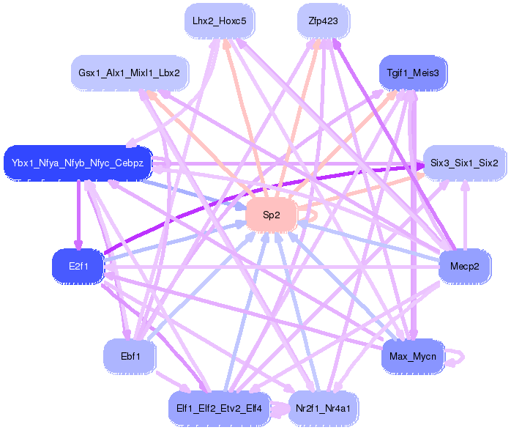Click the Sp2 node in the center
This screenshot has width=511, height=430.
tap(271, 215)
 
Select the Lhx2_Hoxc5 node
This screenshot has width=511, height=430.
tap(220, 21)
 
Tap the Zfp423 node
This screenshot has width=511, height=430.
tap(324, 21)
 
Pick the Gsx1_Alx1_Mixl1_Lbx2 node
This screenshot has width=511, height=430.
tap(130, 73)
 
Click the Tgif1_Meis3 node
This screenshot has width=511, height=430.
tap(413, 73)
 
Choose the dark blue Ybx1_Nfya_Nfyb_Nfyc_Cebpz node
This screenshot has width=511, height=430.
tap(78, 163)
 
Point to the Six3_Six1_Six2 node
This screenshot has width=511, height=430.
tap(464, 163)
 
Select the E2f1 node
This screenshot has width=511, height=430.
tap(78, 267)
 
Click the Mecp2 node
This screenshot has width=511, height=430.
tap(464, 267)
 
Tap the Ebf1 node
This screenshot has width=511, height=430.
tap(130, 356)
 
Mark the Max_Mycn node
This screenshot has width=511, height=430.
tap(413, 356)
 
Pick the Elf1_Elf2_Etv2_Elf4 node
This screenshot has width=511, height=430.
tap(219, 408)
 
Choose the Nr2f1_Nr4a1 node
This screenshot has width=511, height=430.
tap(324, 408)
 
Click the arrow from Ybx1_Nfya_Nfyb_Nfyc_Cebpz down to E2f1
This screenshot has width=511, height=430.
tap(78, 215)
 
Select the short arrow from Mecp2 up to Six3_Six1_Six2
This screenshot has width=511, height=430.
tap(465, 215)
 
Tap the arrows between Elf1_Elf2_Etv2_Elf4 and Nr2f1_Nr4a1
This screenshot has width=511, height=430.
tap(280, 408)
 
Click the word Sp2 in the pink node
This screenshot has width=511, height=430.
tap(271, 215)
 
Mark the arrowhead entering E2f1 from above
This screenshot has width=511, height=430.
tap(78, 245)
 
